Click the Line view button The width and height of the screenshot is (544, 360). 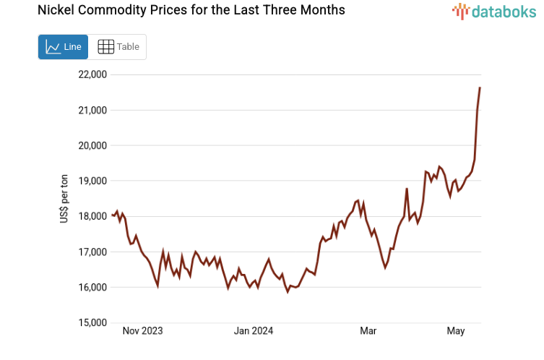[63, 47]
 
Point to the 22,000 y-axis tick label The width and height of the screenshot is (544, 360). [92, 74]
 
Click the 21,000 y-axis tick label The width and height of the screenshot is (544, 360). [92, 110]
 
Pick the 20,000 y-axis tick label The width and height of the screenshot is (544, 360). [92, 145]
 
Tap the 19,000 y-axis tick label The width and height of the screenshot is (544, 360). [92, 181]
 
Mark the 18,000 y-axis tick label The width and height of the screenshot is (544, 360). [92, 216]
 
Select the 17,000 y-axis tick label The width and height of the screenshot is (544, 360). [92, 252]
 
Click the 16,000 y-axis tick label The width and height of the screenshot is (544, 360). [92, 287]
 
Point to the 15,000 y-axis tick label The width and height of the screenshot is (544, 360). [92, 322]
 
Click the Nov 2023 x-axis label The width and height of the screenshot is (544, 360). [142, 331]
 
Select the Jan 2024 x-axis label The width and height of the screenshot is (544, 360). [253, 331]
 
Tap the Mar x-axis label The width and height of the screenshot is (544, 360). [368, 331]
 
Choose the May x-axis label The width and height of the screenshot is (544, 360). [455, 331]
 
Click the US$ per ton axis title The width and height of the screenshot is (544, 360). [64, 199]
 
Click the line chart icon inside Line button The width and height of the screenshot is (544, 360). [53, 47]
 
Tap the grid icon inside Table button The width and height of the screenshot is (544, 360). [105, 47]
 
